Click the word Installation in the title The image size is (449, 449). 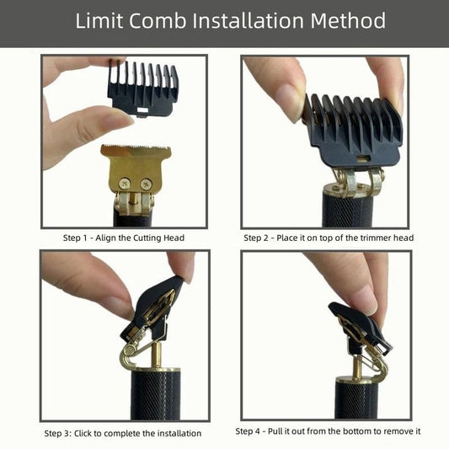tap(248, 20)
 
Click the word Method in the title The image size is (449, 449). tap(348, 20)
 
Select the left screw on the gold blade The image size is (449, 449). tap(125, 184)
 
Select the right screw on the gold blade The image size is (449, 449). tap(146, 184)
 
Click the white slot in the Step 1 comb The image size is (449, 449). tap(142, 110)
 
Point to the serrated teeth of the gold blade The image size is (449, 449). tap(136, 148)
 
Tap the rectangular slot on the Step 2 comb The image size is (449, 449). tap(362, 158)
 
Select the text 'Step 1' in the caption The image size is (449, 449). tap(75, 238)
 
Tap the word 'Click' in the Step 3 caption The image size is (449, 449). tap(83, 434)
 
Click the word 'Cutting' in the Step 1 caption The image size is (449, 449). tap(147, 238)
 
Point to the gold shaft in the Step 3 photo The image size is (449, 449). tap(157, 355)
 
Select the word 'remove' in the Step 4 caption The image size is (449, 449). tap(398, 431)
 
